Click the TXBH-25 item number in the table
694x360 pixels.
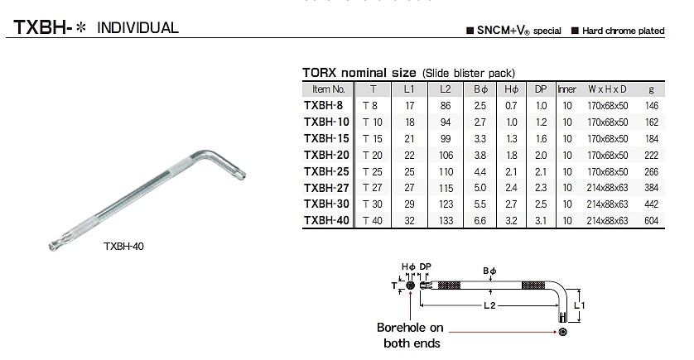(326, 171)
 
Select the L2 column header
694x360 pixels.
(446, 89)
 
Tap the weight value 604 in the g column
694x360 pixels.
(651, 221)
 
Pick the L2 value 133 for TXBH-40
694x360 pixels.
(446, 221)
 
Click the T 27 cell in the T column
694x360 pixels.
(373, 188)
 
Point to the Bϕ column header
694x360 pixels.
(480, 89)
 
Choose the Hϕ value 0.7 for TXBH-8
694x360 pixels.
(511, 106)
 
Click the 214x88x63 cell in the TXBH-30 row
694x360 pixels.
(607, 204)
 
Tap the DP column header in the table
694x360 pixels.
(541, 89)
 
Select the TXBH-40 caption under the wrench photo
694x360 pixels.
(123, 247)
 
